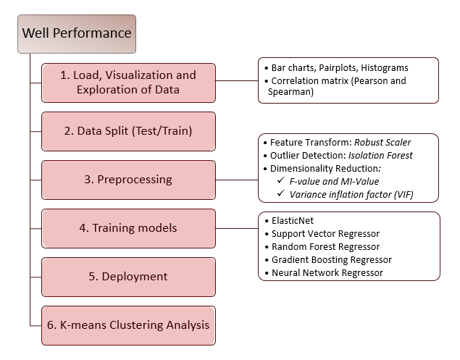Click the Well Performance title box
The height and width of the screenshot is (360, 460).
point(76,33)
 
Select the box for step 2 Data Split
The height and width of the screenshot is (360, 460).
point(128,131)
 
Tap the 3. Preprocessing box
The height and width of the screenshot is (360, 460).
point(128,180)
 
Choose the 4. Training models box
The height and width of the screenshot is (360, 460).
point(128,228)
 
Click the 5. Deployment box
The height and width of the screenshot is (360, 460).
point(128,277)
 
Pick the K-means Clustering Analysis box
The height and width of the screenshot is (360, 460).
point(128,325)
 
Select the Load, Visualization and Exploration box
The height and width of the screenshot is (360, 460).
point(128,83)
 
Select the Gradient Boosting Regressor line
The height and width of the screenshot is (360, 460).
point(331,259)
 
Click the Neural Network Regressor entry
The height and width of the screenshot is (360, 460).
point(327,272)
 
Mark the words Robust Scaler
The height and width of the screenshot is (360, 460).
point(382,142)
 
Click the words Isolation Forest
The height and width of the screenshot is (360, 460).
point(390,154)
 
